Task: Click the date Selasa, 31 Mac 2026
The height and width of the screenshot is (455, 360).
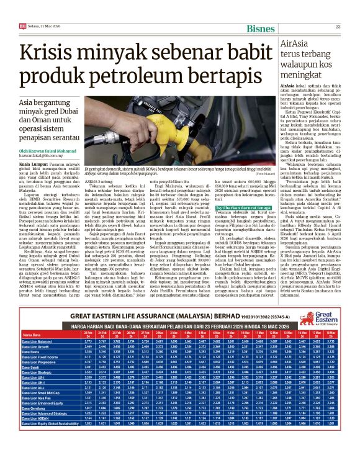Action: click(x=40, y=26)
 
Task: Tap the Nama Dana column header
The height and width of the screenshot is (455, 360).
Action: click(x=31, y=334)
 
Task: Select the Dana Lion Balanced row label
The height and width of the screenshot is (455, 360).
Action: click(x=37, y=341)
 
